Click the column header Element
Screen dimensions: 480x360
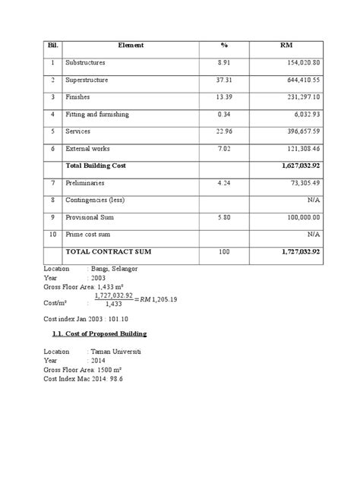pyautogui.click(x=131, y=46)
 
